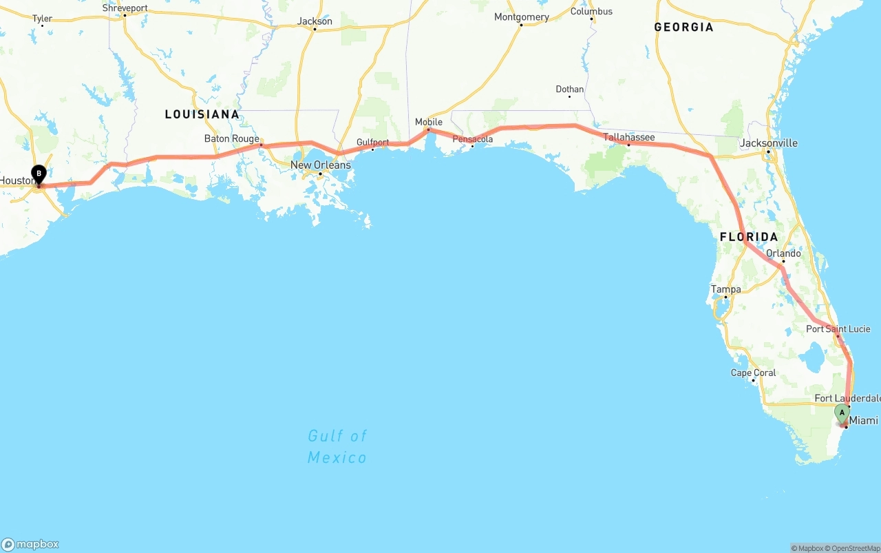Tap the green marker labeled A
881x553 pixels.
842,413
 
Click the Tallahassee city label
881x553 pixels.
629,137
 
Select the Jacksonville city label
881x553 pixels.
768,143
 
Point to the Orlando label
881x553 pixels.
783,253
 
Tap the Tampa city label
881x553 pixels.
726,289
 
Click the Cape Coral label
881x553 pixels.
753,373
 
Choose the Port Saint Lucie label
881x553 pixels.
838,329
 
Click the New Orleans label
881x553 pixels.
320,165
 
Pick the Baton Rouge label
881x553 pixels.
232,138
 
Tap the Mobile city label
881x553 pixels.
429,122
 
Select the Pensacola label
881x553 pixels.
473,139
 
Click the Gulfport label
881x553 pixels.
373,143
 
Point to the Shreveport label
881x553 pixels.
125,8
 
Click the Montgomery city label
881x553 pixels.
522,17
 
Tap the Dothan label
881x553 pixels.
570,90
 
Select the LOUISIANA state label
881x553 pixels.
202,114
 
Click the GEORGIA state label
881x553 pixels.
683,28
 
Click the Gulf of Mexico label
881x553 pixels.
337,446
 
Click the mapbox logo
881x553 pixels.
30,544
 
